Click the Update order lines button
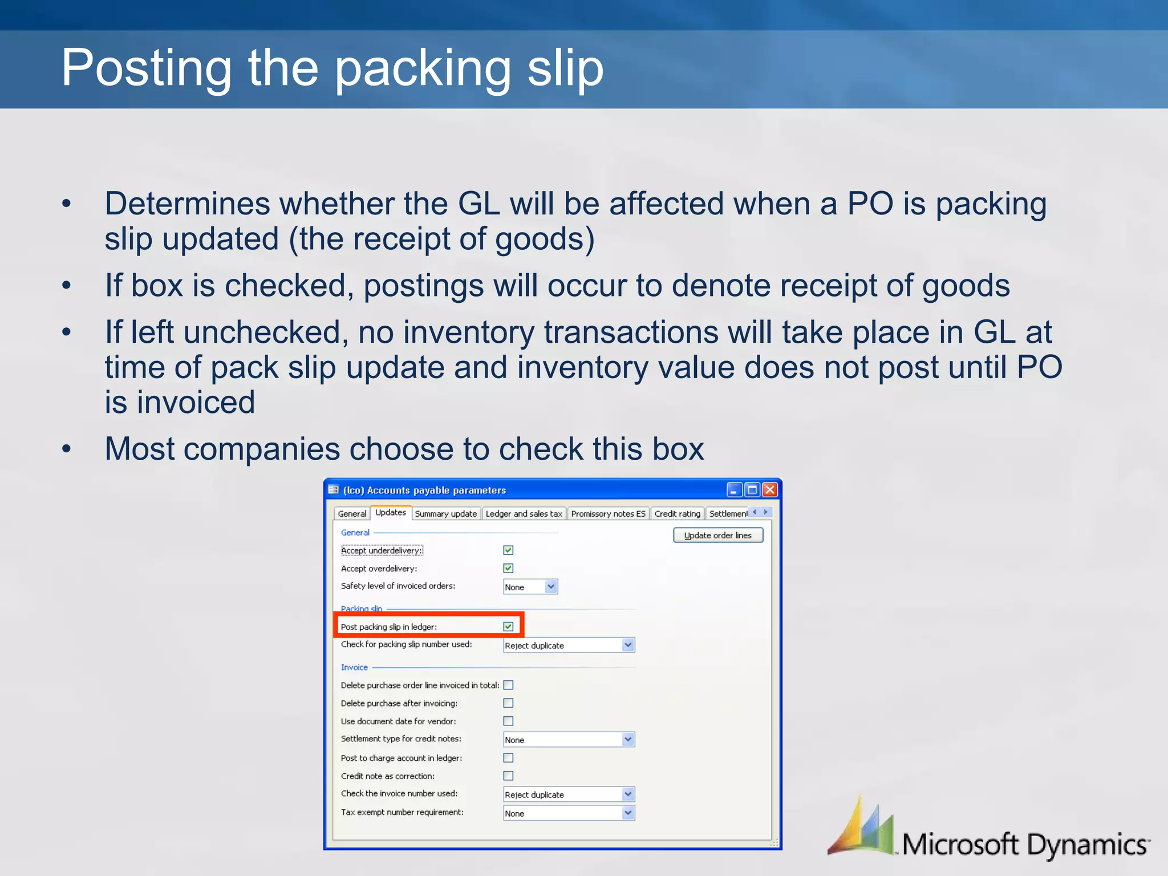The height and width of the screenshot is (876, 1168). [717, 535]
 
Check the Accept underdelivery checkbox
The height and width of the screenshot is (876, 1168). [508, 550]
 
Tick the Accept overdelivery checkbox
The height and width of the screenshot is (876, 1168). [508, 568]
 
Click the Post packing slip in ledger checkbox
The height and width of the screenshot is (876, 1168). [508, 626]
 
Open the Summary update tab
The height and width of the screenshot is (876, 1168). [445, 513]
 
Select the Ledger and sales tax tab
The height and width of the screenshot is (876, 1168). [524, 513]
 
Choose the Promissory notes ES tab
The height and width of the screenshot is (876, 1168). [608, 513]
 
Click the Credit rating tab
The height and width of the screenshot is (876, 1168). [677, 513]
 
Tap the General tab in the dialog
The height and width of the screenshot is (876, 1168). [352, 513]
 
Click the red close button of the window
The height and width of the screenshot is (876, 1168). [770, 489]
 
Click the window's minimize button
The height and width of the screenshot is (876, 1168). [735, 489]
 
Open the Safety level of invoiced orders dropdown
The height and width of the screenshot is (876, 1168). [551, 586]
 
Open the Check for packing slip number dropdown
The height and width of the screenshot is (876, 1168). [628, 645]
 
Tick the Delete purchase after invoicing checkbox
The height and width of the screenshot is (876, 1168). [508, 703]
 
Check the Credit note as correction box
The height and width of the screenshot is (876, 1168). [508, 776]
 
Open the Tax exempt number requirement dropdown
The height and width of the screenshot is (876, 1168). [628, 813]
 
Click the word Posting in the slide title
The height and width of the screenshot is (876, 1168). [146, 68]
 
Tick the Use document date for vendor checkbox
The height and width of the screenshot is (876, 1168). [508, 721]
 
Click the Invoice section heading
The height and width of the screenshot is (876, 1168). [354, 667]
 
